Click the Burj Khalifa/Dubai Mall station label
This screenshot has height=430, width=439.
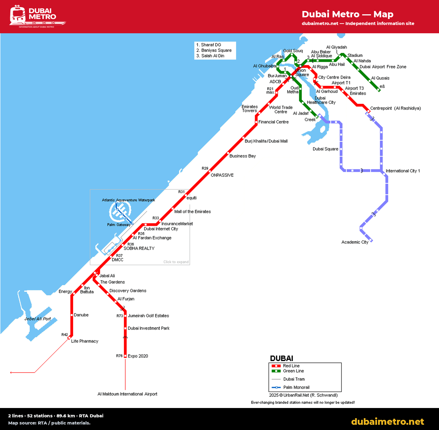click(x=266, y=141)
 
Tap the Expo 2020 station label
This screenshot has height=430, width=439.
click(x=138, y=356)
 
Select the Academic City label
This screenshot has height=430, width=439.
click(x=355, y=242)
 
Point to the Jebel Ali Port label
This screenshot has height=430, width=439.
click(x=38, y=319)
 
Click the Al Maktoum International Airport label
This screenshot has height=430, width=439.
click(x=127, y=394)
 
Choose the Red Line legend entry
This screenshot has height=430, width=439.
click(x=285, y=366)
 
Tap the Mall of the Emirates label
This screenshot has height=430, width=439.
click(x=193, y=212)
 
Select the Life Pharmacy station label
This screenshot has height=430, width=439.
click(x=85, y=341)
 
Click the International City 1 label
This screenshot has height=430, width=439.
click(x=403, y=171)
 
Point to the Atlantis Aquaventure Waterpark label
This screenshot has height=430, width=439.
click(x=128, y=200)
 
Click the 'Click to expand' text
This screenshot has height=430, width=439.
click(x=176, y=262)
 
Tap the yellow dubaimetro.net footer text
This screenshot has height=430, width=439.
click(x=387, y=421)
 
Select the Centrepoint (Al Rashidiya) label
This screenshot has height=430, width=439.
click(x=395, y=108)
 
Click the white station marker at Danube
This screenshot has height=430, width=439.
click(x=72, y=315)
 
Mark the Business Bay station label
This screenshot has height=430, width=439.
click(x=243, y=156)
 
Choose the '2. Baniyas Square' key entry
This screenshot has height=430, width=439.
click(x=214, y=50)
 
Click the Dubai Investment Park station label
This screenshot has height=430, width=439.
click(x=148, y=328)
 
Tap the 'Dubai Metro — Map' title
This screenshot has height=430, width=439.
click(x=348, y=14)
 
